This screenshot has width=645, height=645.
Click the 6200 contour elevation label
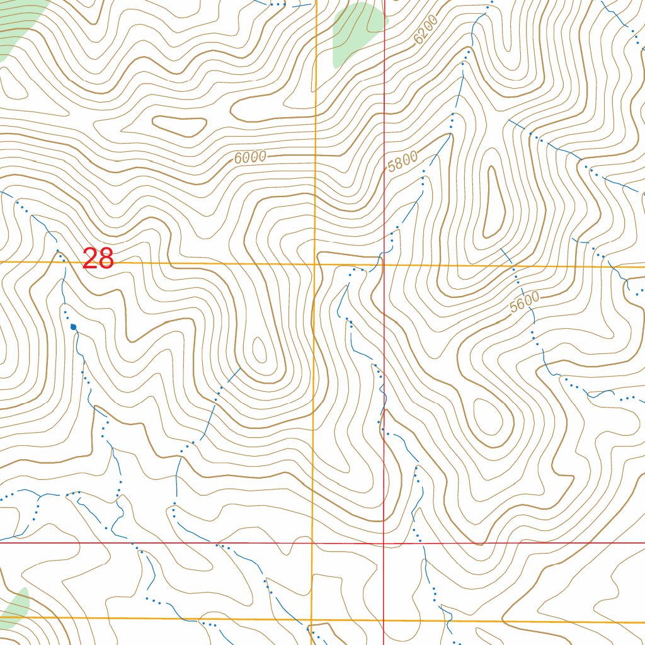click(x=426, y=30)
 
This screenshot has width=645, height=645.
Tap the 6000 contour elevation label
click(x=250, y=157)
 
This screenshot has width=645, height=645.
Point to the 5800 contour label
click(x=402, y=162)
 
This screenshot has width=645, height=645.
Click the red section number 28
click(x=98, y=259)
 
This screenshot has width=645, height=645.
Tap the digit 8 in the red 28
click(x=106, y=259)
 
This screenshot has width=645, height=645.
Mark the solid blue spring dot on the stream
click(x=74, y=327)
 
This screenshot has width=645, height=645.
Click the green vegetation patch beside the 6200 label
click(x=356, y=31)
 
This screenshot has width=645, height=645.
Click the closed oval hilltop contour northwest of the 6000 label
click(x=180, y=126)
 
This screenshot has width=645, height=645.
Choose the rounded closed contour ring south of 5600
click(x=491, y=422)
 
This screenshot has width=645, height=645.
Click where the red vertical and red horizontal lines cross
click(x=384, y=542)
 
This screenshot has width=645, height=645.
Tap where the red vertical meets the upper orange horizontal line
click(x=384, y=265)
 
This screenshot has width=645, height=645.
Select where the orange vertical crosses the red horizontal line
click(x=313, y=542)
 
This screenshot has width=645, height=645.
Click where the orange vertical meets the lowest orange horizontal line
click(x=312, y=619)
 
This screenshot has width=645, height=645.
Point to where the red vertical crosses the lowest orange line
click(x=384, y=620)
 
